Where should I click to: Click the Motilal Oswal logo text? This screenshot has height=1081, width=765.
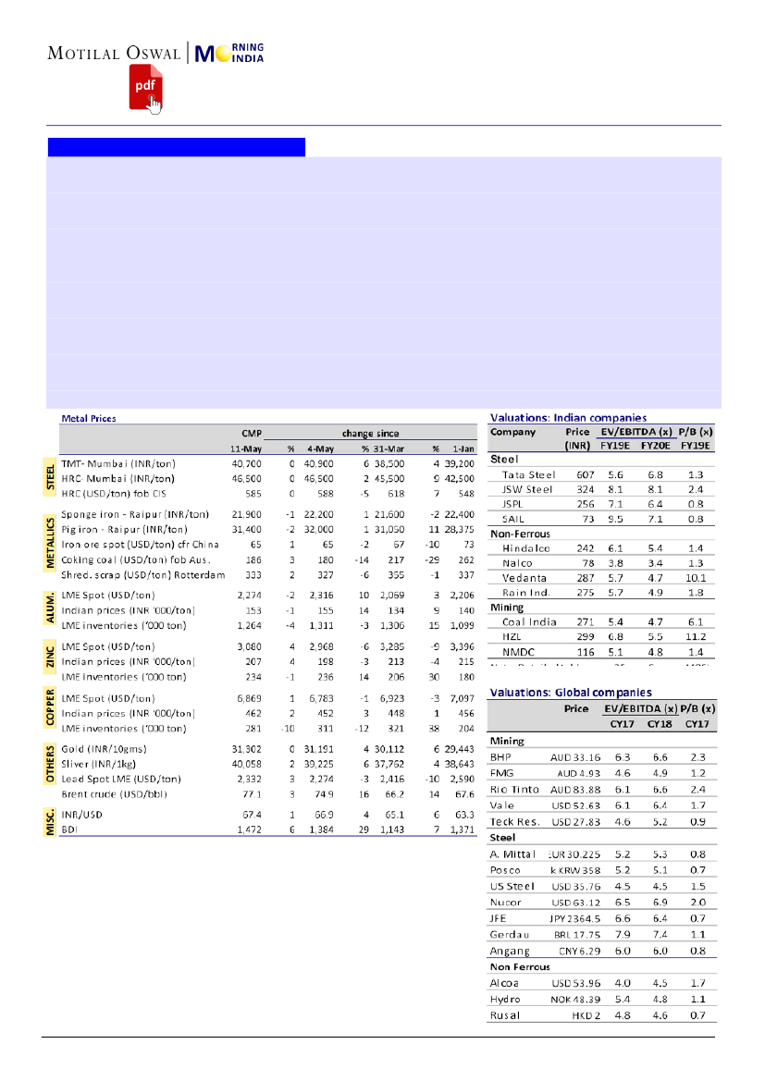(x=115, y=53)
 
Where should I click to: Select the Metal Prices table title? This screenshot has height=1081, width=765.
(x=89, y=418)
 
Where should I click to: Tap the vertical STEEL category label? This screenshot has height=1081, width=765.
(x=52, y=479)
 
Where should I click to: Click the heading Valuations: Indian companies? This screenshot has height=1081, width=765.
(x=568, y=418)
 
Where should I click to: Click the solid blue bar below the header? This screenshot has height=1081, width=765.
(x=176, y=147)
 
